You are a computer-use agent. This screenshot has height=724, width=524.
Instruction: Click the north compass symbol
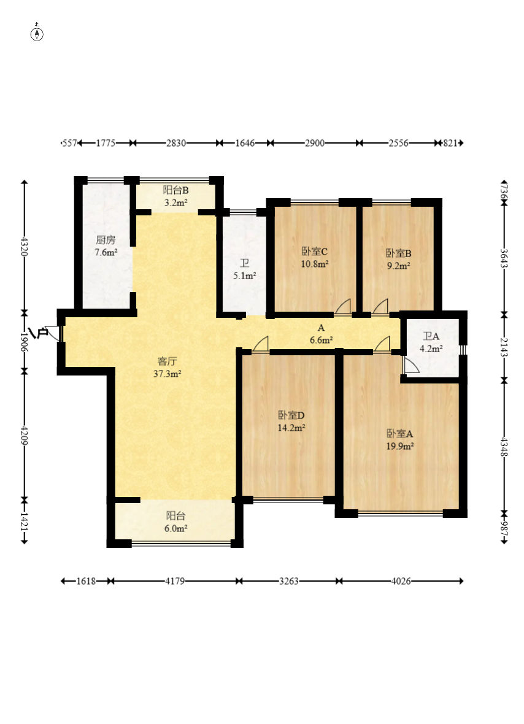coord(37,33)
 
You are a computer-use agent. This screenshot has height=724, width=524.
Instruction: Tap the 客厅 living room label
coord(167,361)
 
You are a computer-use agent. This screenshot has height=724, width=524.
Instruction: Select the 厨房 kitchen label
coord(106,240)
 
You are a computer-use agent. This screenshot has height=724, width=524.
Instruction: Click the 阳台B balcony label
coord(175,190)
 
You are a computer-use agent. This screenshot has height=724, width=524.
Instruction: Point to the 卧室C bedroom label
coord(314,251)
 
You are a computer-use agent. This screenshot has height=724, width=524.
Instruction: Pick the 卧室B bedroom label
coord(398,253)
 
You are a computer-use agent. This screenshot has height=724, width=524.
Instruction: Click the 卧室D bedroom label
coord(291,415)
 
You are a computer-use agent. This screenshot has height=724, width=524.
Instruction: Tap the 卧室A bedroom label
coord(399,434)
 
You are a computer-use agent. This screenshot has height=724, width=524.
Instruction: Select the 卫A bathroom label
coord(431,336)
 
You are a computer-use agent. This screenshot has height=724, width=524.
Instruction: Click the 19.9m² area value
coord(400,446)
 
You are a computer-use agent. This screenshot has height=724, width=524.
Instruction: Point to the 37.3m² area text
coord(167,374)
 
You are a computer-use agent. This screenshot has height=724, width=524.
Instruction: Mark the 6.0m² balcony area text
coord(176,528)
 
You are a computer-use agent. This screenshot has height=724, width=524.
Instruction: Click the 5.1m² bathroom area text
coord(245,275)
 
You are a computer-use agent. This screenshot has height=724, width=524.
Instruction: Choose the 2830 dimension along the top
coord(176,143)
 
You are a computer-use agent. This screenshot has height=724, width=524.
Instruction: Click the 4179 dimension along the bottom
coord(175,581)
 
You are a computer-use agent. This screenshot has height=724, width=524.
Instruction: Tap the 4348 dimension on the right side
coord(504,447)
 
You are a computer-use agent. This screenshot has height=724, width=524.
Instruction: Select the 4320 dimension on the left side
coord(25,246)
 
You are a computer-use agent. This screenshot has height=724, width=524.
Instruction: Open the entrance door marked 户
coord(53,333)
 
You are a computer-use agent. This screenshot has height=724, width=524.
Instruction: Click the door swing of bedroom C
coord(343,307)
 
